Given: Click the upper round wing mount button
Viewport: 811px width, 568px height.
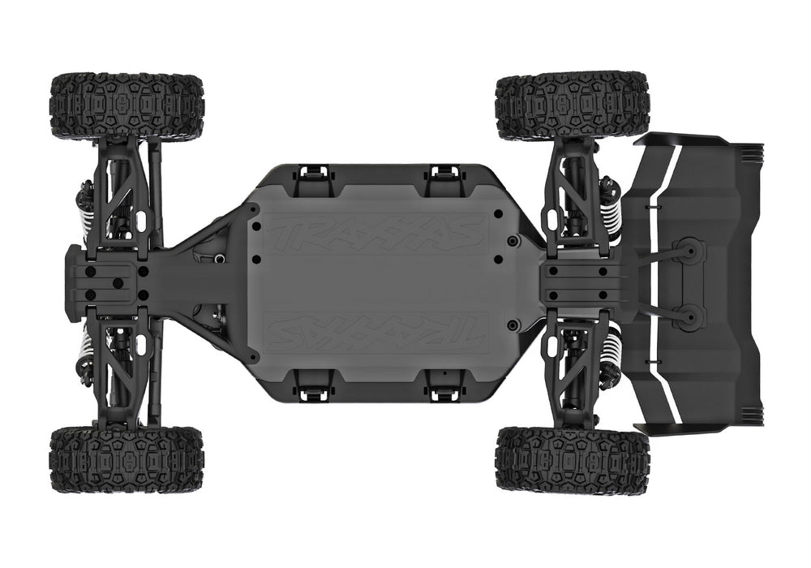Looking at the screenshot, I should pyautogui.click(x=688, y=253).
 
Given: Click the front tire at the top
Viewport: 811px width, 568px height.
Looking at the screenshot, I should pyautogui.click(x=127, y=105).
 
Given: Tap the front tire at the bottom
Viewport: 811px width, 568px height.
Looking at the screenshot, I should pyautogui.click(x=127, y=459).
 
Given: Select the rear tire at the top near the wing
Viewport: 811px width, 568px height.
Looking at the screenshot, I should pyautogui.click(x=572, y=105).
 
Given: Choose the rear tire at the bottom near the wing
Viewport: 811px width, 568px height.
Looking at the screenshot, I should pyautogui.click(x=572, y=458).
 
